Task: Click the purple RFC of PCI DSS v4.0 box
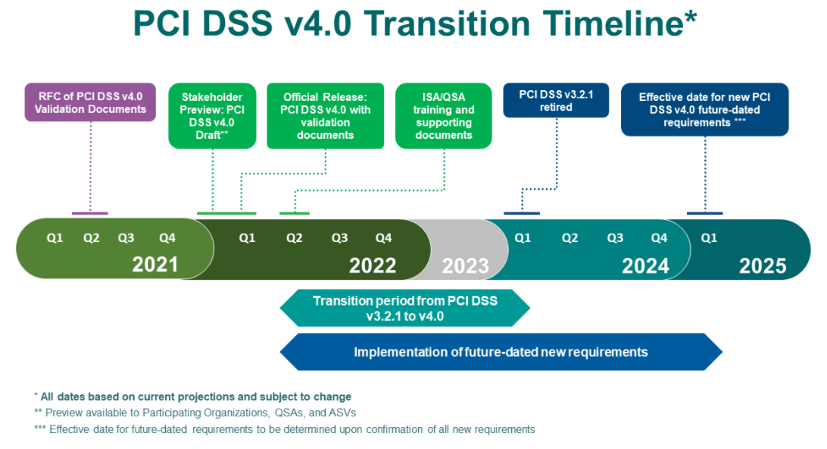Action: click(90, 102)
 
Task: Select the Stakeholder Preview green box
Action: click(212, 116)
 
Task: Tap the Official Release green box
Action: click(326, 116)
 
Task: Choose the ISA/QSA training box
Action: click(444, 116)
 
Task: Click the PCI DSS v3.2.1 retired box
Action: click(556, 100)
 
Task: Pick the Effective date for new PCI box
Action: click(704, 109)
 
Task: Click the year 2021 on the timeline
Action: click(155, 265)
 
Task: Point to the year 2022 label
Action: click(373, 265)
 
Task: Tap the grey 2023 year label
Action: click(465, 265)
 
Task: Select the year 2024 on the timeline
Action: click(645, 265)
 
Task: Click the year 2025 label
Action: click(763, 265)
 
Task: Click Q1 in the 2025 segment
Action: click(709, 238)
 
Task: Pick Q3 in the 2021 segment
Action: click(126, 238)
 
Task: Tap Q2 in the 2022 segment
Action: click(295, 238)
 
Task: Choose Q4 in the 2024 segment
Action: click(660, 238)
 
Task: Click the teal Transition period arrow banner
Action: click(405, 308)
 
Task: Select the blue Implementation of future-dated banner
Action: click(501, 352)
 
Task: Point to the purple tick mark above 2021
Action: click(89, 213)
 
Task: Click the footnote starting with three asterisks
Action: click(285, 429)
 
